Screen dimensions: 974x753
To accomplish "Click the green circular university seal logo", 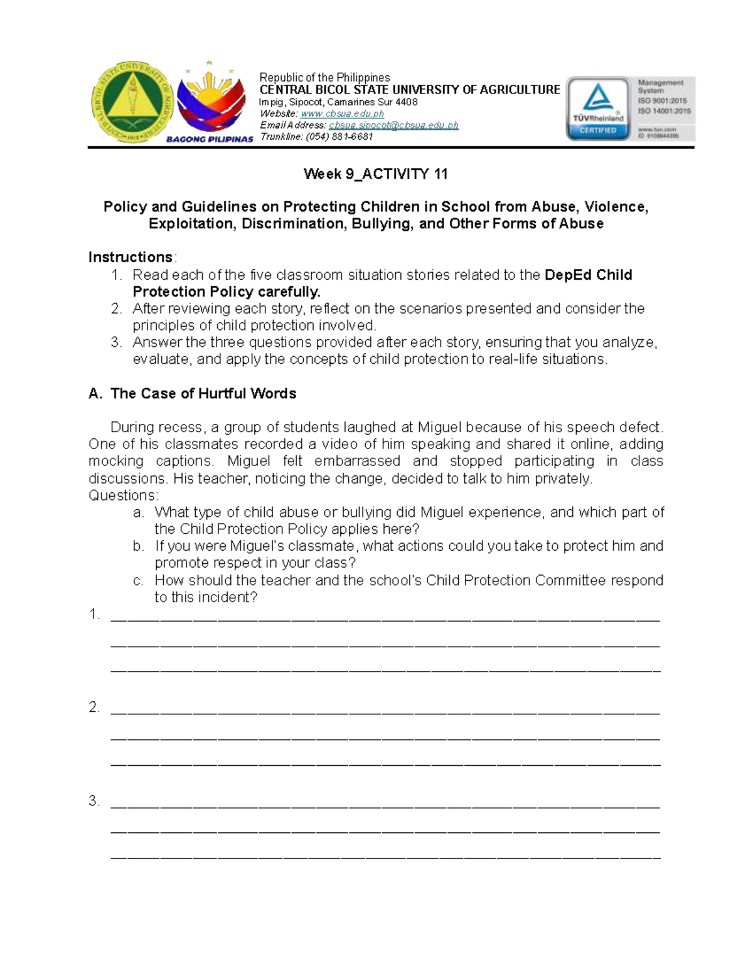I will point(132,104).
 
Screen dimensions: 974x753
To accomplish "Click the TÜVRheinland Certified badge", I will point(597,109).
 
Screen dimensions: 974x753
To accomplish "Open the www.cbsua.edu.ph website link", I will point(342,114).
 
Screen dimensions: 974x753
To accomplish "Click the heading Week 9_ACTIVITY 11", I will point(375,174).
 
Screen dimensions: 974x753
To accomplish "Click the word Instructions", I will point(131,257).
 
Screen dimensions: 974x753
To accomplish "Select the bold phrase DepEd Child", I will point(589,275).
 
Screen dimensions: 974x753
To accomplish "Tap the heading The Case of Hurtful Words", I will point(203,394).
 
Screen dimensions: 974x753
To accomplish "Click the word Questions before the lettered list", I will point(123,495).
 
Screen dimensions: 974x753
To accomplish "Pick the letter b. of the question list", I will point(139,546).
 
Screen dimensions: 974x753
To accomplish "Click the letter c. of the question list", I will point(139,581).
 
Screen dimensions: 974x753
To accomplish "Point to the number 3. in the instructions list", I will point(115,342).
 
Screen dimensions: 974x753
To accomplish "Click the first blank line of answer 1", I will point(385,617).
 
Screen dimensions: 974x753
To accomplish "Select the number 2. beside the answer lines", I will point(95,707).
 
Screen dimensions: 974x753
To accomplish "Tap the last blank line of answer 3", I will point(385,855).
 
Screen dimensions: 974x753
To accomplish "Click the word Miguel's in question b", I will point(255,546).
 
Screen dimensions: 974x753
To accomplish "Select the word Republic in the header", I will point(279,78).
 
